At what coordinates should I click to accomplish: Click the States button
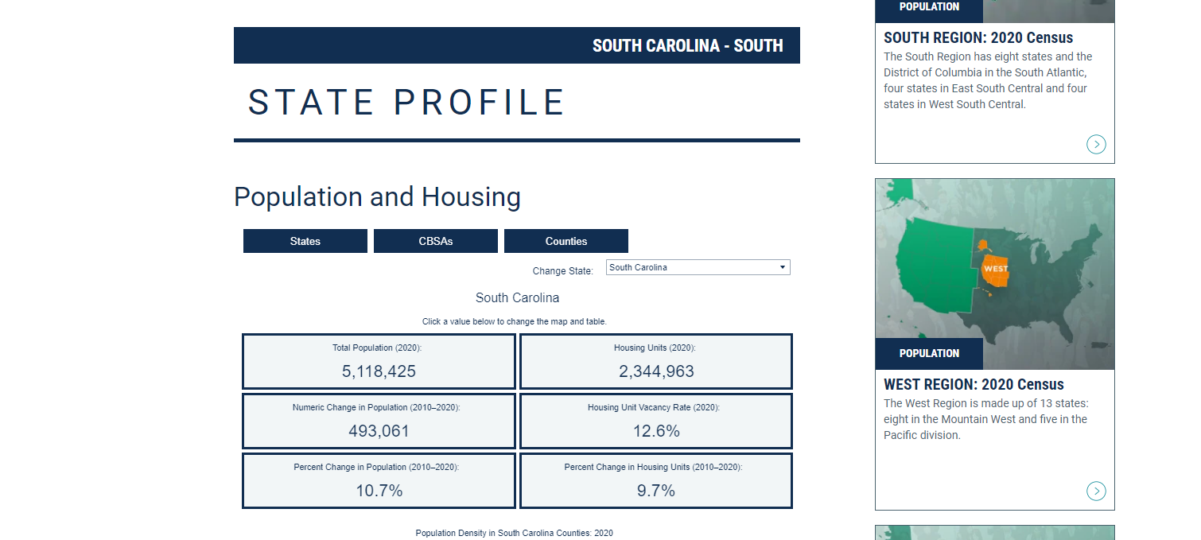[x=305, y=241]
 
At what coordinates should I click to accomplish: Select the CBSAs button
[x=436, y=241]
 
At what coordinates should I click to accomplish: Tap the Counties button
[x=566, y=241]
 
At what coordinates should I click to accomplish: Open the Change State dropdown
[x=698, y=267]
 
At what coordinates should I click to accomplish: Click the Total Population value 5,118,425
[x=379, y=371]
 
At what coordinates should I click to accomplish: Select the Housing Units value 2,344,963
[x=656, y=371]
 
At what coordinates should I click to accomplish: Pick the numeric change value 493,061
[x=379, y=431]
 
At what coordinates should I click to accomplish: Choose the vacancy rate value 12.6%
[x=656, y=431]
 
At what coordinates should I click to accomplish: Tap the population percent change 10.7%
[x=379, y=491]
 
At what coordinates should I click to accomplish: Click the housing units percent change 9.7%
[x=656, y=491]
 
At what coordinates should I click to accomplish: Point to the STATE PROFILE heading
[x=406, y=103]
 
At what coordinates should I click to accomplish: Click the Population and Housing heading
[x=377, y=196]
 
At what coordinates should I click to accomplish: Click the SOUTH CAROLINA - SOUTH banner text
[x=687, y=45]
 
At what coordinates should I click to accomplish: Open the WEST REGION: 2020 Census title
[x=974, y=384]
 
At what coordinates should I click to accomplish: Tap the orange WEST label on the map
[x=996, y=269]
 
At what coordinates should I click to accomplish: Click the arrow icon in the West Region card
[x=1096, y=491]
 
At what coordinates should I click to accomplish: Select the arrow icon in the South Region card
[x=1096, y=144]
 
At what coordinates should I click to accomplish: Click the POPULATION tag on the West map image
[x=929, y=353]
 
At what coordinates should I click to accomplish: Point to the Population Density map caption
[x=514, y=533]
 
